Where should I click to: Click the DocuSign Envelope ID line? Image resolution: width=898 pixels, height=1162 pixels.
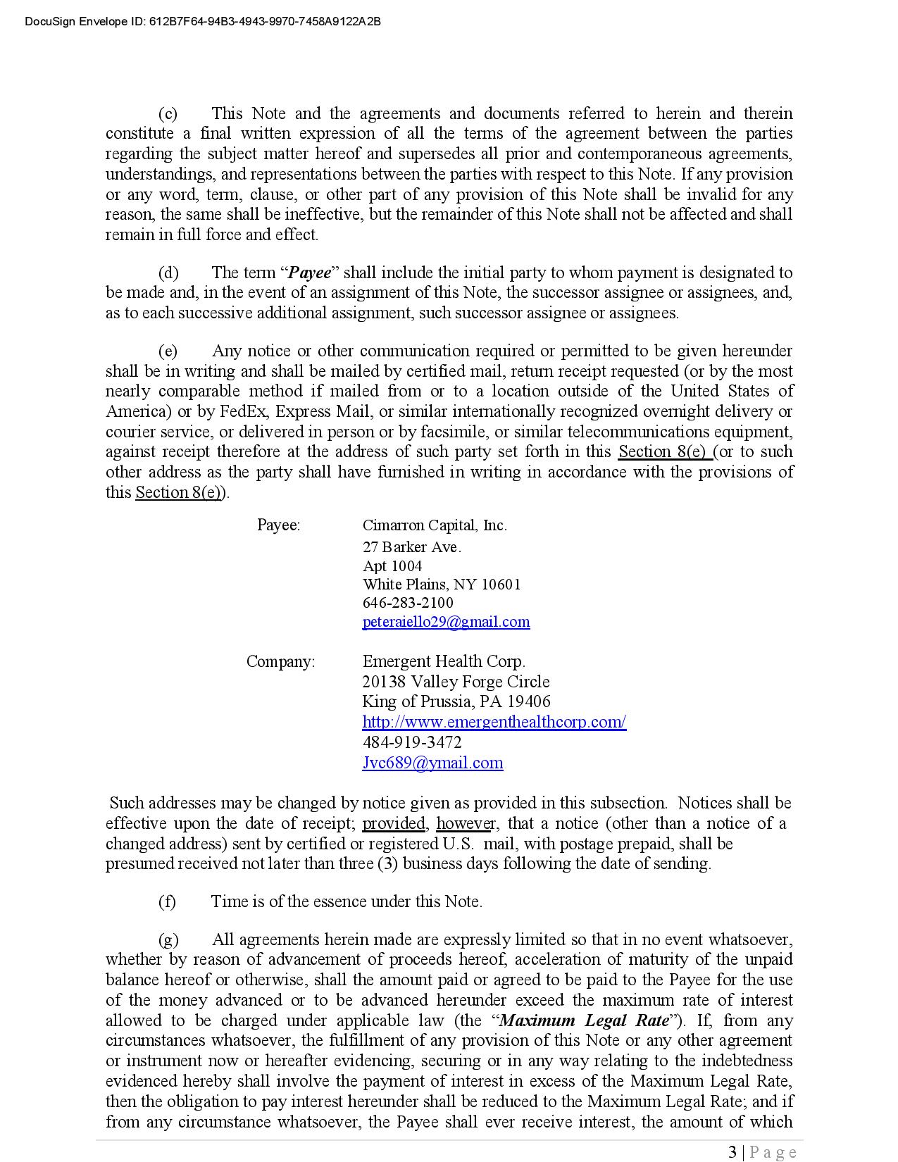(x=203, y=22)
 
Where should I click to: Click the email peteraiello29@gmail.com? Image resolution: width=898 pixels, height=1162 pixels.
(x=446, y=622)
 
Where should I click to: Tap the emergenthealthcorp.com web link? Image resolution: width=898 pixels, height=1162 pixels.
(x=494, y=722)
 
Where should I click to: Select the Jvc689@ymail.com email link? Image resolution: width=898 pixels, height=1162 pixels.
(x=432, y=763)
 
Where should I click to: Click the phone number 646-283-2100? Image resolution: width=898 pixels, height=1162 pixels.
(x=408, y=603)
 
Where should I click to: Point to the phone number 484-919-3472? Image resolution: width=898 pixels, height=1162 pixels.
(x=412, y=742)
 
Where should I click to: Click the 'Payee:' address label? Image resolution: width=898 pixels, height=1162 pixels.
(x=278, y=525)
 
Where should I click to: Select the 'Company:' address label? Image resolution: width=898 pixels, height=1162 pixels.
(x=280, y=662)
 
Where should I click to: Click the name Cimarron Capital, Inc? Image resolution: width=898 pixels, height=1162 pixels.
(x=435, y=525)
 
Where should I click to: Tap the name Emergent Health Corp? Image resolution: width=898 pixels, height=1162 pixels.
(x=444, y=662)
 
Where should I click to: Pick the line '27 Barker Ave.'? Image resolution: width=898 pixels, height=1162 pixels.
(x=412, y=547)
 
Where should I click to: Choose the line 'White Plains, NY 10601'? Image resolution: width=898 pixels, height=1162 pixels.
(x=442, y=585)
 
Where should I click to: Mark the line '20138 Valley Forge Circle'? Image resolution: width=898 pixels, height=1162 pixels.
(x=456, y=682)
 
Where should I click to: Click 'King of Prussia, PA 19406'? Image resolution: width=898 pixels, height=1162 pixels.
(x=456, y=701)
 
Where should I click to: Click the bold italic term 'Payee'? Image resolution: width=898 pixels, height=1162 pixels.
(x=311, y=273)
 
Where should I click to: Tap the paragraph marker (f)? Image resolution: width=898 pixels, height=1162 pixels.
(x=167, y=902)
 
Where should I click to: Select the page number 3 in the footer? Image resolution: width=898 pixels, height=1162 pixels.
(x=732, y=1152)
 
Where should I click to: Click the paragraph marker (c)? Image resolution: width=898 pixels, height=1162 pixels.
(x=168, y=114)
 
